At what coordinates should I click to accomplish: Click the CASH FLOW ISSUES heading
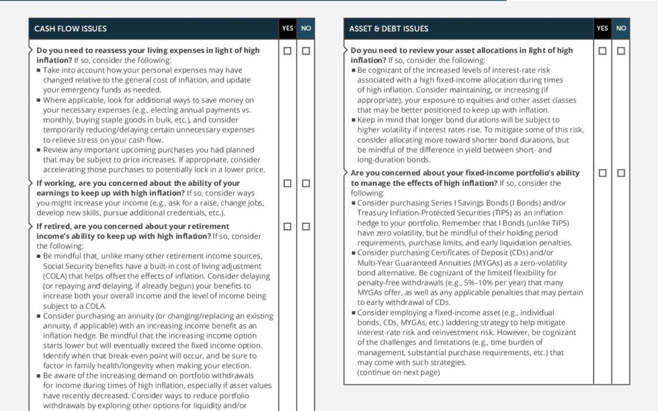[70, 29]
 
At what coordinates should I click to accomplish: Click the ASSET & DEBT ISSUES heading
[389, 29]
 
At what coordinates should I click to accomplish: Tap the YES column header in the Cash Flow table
[288, 29]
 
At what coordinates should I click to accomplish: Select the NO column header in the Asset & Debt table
[621, 29]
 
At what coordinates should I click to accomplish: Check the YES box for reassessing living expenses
[288, 51]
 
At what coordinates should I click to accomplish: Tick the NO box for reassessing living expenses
[306, 51]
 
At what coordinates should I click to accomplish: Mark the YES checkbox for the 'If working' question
[288, 183]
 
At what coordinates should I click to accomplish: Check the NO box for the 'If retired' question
[306, 227]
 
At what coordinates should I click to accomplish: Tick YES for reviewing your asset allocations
[603, 51]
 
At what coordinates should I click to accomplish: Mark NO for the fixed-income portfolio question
[621, 174]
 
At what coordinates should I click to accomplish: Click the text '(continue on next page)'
[398, 372]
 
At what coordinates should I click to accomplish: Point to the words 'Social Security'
[68, 266]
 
